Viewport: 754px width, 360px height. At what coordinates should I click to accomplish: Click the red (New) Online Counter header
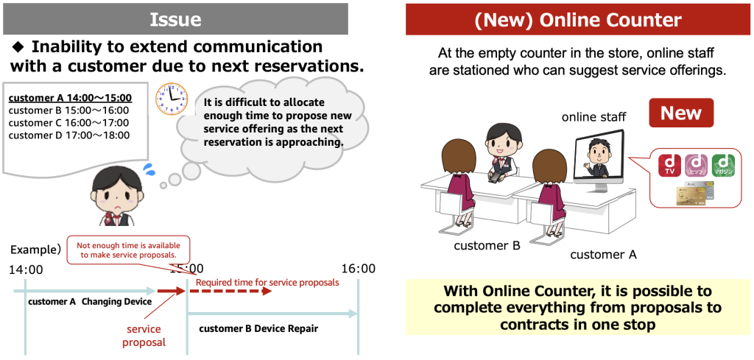579,18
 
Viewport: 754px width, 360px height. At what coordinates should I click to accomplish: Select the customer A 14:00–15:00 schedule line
70,97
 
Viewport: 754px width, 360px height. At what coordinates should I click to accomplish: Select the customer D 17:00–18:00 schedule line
69,135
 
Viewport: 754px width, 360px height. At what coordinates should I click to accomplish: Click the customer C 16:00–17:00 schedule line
69,122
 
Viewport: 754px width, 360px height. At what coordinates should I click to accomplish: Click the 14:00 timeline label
26,269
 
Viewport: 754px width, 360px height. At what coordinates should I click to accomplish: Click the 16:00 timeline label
357,269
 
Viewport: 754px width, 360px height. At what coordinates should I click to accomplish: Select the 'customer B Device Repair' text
258,328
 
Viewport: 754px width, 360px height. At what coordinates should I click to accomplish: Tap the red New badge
680,113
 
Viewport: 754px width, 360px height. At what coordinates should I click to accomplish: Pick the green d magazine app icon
723,166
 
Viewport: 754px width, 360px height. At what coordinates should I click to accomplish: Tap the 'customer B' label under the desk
487,245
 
